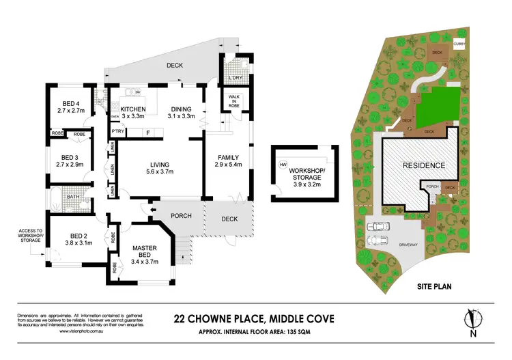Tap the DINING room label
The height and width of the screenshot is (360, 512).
(x=181, y=109)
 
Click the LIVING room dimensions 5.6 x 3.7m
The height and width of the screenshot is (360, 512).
(x=159, y=171)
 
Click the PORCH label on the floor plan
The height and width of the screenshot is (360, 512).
(x=181, y=217)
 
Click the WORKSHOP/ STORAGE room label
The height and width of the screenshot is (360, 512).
(x=308, y=172)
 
